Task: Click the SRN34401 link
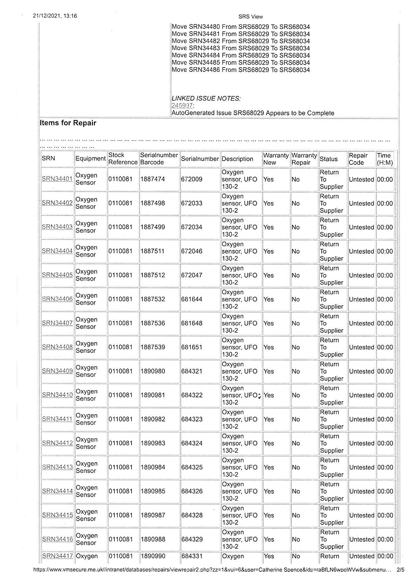(57, 179)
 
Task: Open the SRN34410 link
(57, 395)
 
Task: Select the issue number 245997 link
(182, 106)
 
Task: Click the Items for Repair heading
(68, 123)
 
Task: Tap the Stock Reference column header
(123, 159)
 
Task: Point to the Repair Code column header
(358, 159)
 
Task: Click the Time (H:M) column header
(385, 159)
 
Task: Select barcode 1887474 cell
(153, 179)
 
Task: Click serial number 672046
(192, 251)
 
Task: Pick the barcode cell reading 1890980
(153, 371)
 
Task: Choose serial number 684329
(192, 539)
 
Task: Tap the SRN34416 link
(57, 539)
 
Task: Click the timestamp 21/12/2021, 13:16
(55, 16)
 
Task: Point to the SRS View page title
(251, 17)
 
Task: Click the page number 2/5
(401, 569)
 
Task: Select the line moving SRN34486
(241, 70)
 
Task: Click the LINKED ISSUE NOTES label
(206, 99)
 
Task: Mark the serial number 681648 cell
(192, 323)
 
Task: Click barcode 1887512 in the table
(153, 275)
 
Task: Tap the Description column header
(237, 159)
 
